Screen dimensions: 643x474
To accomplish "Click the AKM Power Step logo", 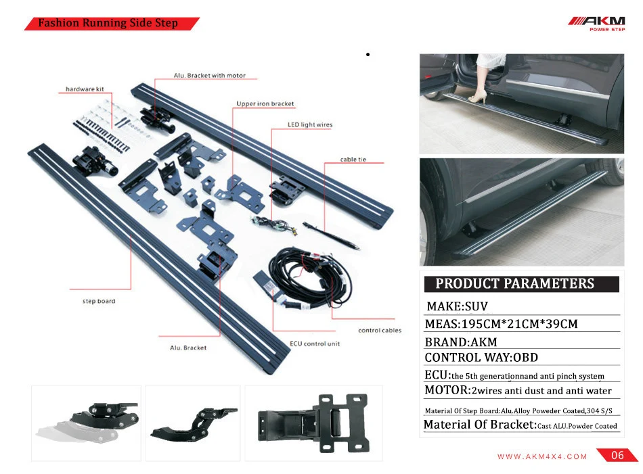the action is [x=596, y=24].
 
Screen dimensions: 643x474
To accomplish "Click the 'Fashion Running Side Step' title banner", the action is [x=108, y=24].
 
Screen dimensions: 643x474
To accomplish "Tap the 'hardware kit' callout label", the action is [x=85, y=89].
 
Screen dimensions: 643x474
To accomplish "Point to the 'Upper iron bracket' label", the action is [x=265, y=104].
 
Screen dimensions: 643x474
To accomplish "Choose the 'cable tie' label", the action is [x=353, y=160].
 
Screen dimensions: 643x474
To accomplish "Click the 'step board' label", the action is [x=99, y=301].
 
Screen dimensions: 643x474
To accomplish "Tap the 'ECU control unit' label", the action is [x=315, y=343].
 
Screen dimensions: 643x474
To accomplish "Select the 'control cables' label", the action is [x=380, y=331].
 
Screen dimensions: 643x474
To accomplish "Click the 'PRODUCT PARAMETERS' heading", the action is [x=515, y=284].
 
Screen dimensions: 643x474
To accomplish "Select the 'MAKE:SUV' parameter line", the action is [x=457, y=307].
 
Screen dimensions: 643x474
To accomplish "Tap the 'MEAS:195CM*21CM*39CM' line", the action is [x=501, y=324].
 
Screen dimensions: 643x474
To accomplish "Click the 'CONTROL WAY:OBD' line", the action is [x=481, y=357].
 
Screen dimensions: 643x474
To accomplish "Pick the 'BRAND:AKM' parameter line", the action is [x=461, y=341].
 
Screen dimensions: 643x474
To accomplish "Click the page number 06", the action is [x=617, y=456].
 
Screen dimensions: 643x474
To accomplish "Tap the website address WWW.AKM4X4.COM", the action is [x=542, y=456].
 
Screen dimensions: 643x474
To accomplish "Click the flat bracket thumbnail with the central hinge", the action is [x=313, y=423].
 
